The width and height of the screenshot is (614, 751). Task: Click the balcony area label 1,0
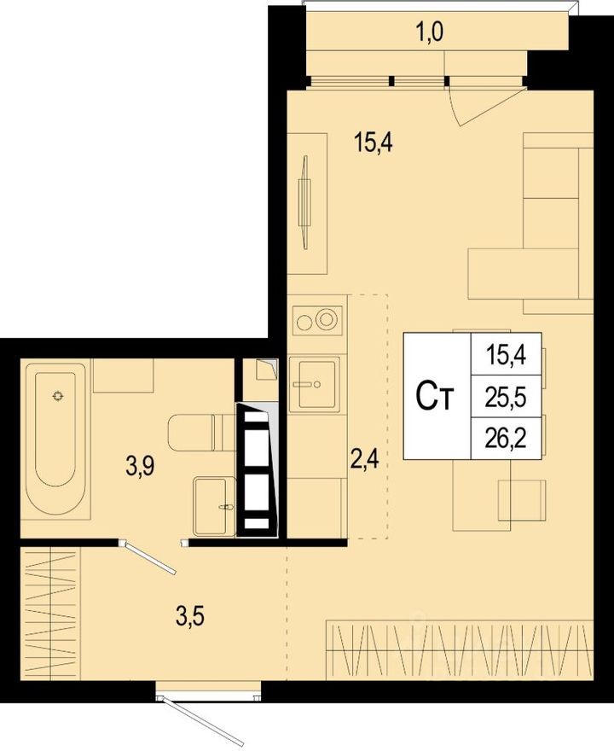point(430,33)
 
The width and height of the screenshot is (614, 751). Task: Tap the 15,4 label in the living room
point(374,143)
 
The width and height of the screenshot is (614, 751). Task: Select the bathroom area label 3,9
point(140,467)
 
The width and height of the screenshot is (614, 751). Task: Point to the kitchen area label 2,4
point(365,459)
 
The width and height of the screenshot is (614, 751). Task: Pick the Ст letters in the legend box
point(434,396)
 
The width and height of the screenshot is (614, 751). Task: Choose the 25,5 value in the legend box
point(506,397)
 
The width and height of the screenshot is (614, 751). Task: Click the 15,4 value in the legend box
point(506,355)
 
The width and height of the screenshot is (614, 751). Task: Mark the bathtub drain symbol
point(58,396)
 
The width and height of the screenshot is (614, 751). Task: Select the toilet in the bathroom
point(201,432)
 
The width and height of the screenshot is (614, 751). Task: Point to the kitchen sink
point(316,385)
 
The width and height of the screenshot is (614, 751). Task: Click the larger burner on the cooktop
point(327,319)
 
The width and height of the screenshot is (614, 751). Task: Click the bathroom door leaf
point(149,556)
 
